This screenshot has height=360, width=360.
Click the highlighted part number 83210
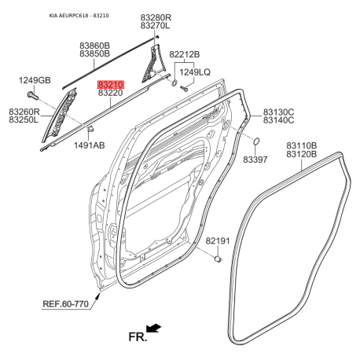point(111,84)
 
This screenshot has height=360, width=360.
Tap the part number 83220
point(110,93)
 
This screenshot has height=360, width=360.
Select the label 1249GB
point(35,80)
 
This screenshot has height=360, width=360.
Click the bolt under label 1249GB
point(32,95)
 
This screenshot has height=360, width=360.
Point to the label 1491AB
point(89,145)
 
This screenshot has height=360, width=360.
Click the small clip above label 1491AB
point(90,129)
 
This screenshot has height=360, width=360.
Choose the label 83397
point(255,160)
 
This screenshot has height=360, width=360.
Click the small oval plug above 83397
point(256,141)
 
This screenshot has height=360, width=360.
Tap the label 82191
point(218,241)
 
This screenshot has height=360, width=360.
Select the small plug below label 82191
point(218,259)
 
